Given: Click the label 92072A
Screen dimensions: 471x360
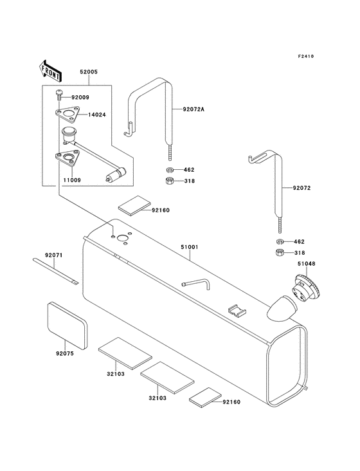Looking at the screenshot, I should click(194, 109).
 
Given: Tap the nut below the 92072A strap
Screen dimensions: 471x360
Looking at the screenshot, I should click(168, 182).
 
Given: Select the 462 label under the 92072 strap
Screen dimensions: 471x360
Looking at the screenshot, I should click(299, 242).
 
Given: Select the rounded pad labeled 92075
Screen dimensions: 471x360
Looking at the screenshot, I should click(67, 323).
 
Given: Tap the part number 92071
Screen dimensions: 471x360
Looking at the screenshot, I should click(54, 255).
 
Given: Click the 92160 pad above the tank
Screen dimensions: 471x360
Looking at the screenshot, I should click(132, 207).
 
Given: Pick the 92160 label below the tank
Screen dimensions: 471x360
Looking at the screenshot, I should click(231, 402).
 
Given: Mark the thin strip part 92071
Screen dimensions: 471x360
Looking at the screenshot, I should click(55, 270).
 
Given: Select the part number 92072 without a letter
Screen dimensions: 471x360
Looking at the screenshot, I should click(303, 189).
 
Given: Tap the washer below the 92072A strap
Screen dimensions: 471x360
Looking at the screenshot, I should click(168, 171).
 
